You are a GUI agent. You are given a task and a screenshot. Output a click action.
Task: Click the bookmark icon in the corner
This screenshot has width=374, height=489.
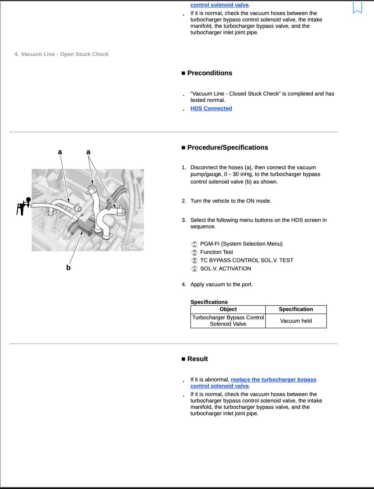(357, 8)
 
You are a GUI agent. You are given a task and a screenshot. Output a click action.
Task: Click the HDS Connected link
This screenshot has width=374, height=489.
(211, 108)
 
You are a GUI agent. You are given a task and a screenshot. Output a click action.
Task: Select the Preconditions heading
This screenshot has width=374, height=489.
(210, 73)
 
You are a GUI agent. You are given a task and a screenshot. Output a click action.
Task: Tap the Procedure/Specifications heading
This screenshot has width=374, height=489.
(227, 147)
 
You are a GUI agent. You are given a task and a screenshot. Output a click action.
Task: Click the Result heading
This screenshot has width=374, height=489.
(197, 359)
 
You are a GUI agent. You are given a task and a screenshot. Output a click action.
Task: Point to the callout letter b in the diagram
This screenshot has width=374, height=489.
(68, 268)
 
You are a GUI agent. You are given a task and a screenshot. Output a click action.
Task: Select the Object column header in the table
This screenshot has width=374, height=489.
(228, 309)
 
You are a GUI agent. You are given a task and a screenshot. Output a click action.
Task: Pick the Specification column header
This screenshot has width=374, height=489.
(296, 309)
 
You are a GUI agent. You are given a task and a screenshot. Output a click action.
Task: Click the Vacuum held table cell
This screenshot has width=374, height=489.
(296, 321)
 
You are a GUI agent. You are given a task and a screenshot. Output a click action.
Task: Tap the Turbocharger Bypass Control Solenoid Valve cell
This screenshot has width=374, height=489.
(228, 321)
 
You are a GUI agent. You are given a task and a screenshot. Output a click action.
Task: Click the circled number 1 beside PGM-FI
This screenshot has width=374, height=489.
(194, 244)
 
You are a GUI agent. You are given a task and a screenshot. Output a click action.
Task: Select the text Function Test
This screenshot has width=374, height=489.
(216, 252)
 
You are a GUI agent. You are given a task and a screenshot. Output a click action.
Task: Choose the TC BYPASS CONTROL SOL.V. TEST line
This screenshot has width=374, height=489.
(246, 260)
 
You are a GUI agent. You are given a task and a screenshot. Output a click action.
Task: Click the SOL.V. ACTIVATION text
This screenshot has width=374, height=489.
(225, 269)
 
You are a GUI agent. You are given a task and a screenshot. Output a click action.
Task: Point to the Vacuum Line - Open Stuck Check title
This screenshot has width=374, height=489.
(61, 54)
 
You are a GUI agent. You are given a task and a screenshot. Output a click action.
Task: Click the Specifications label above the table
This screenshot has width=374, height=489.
(209, 302)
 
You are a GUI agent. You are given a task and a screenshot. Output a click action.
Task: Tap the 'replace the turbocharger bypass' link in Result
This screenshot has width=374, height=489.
(274, 380)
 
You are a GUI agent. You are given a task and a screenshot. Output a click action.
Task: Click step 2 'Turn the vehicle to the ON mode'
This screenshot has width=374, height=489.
(231, 201)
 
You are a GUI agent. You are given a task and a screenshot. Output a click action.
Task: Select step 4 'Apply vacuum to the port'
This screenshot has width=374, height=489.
(221, 284)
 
